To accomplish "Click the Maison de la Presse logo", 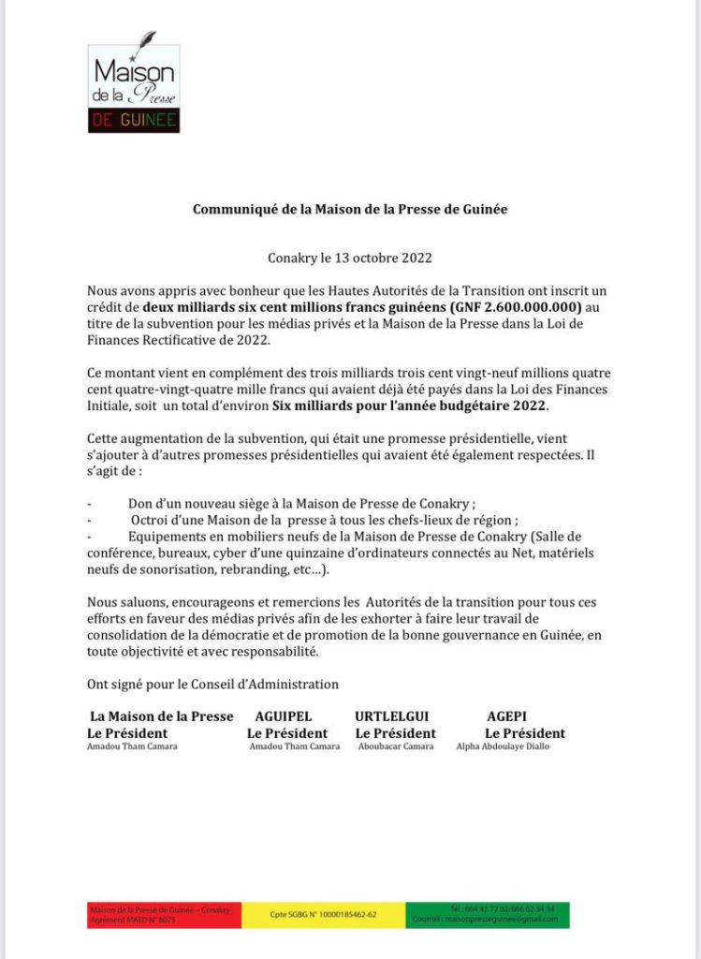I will click(133, 88).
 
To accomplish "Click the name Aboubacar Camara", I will click(396, 746).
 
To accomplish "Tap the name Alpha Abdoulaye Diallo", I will click(503, 746).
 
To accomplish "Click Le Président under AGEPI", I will click(524, 732).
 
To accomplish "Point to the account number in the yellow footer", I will click(323, 915).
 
